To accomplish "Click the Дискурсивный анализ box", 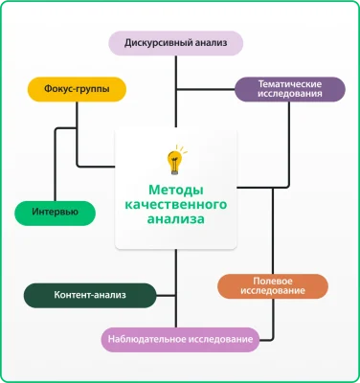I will (177, 43).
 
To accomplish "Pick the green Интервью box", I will (56, 212).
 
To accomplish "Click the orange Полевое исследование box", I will (272, 286).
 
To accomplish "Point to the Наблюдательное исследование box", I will (180, 340).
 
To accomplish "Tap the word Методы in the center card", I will (176, 190).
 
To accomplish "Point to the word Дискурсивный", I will (156, 43).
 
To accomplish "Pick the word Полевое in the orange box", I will (272, 281).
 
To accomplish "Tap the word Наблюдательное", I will (151, 340).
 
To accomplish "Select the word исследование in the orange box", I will (272, 292).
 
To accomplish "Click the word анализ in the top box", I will (212, 43).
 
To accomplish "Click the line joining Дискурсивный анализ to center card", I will (176, 91).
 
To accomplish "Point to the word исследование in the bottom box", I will (221, 340).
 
